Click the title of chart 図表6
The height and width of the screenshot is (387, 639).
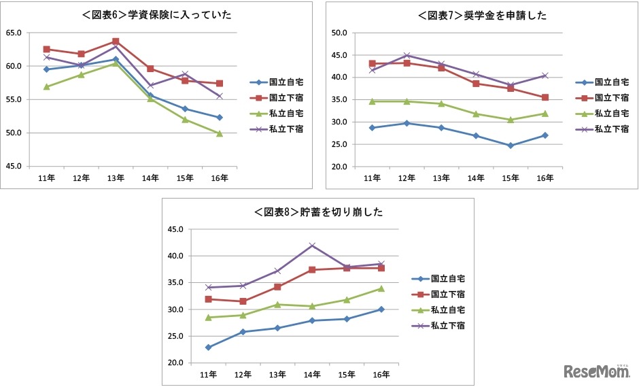(x=157, y=14)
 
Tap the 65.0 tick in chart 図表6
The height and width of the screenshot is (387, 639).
(x=14, y=33)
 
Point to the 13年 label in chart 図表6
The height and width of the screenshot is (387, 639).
(x=116, y=178)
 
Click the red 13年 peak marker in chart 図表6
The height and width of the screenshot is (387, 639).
(x=116, y=41)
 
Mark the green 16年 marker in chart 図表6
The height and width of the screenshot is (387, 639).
(x=219, y=133)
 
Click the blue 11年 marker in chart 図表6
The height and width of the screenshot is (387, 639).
(x=46, y=69)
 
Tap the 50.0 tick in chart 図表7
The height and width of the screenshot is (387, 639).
(x=339, y=33)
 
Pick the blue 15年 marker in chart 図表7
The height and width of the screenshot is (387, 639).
(x=510, y=146)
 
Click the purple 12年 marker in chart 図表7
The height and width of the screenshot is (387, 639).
(x=407, y=55)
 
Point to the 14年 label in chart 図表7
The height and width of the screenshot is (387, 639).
(x=476, y=178)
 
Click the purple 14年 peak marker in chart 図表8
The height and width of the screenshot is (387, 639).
(x=312, y=246)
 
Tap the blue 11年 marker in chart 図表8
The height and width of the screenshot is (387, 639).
(x=208, y=348)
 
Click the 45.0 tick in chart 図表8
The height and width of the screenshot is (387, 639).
(x=175, y=229)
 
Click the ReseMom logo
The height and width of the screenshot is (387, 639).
(x=595, y=371)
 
